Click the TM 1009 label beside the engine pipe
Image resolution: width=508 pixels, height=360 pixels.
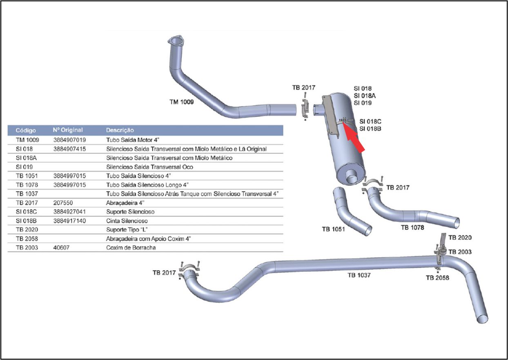(x=181, y=102)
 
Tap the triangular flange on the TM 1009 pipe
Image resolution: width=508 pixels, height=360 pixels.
(x=175, y=42)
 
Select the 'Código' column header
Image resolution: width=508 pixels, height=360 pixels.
(x=26, y=130)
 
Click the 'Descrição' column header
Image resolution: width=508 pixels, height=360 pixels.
(x=120, y=130)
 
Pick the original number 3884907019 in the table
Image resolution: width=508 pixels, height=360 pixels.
(x=69, y=140)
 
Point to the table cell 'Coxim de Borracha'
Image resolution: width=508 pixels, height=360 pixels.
(x=131, y=248)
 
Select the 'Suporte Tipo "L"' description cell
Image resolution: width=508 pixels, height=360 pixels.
(x=127, y=230)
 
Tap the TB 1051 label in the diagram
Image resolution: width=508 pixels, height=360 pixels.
(x=333, y=229)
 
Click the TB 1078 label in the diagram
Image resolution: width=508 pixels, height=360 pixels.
(x=412, y=228)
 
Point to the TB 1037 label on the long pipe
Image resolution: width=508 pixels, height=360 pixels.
(x=359, y=275)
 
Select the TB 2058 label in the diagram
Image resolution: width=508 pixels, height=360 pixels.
(x=437, y=278)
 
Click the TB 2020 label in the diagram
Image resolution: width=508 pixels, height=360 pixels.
(x=460, y=237)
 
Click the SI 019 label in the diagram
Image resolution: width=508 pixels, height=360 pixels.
(x=363, y=103)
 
